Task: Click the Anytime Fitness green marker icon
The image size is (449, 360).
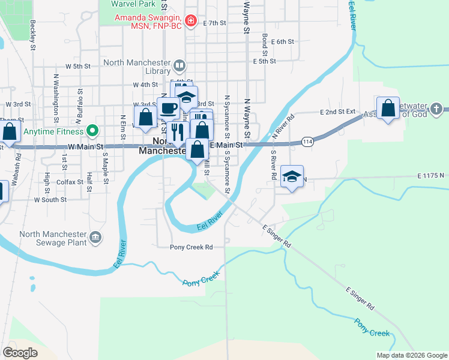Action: point(92,130)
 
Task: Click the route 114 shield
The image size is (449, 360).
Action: point(308,142)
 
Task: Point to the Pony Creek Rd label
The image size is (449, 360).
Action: point(191,247)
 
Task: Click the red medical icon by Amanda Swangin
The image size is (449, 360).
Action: point(191,22)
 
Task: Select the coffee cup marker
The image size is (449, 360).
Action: point(168,108)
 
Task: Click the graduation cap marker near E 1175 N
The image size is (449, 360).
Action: point(292,176)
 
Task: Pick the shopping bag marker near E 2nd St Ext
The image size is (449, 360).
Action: point(388,109)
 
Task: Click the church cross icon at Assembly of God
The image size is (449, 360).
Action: point(436,109)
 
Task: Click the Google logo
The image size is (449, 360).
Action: point(20,353)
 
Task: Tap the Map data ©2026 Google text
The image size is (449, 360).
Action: point(411,355)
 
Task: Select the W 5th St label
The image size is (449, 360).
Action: point(77,66)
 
